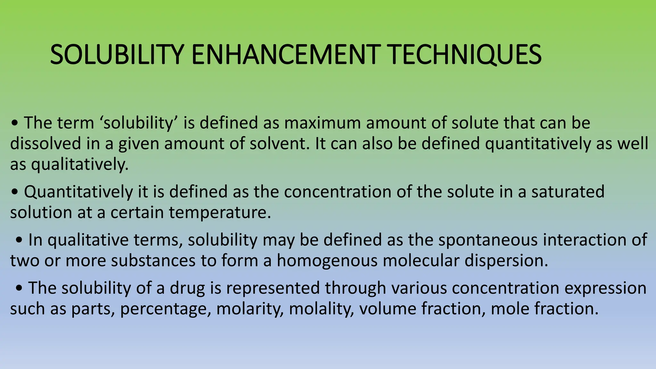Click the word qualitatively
click(80, 165)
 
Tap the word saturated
click(568, 192)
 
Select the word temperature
click(220, 213)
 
